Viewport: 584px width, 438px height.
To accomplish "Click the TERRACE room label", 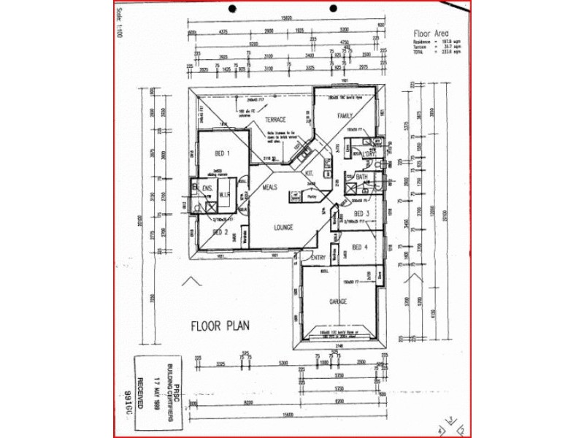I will click(x=274, y=119).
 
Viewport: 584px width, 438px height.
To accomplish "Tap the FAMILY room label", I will click(x=345, y=116).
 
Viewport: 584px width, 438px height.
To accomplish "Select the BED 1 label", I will click(x=222, y=154).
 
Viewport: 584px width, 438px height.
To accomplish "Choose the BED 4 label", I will click(x=360, y=247).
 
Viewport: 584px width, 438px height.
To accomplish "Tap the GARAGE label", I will click(x=337, y=301).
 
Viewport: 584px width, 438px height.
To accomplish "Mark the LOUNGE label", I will click(x=284, y=227).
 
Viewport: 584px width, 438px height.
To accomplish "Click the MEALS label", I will click(x=270, y=188).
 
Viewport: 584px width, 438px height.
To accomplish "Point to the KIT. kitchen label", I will click(x=309, y=173).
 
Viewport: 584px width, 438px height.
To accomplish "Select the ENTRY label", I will click(x=318, y=258).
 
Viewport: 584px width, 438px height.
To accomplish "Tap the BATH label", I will click(x=361, y=177).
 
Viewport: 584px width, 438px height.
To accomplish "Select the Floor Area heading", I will click(x=430, y=34).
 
